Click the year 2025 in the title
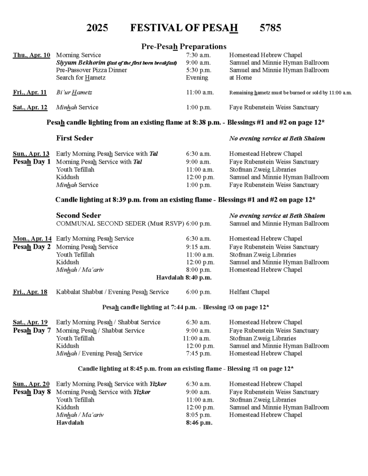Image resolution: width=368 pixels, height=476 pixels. pyautogui.click(x=97, y=28)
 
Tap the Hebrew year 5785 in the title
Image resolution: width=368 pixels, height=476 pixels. pyautogui.click(x=270, y=28)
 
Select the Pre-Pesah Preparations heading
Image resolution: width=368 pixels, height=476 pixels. pyautogui.click(x=184, y=46)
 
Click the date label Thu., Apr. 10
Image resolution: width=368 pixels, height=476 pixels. pyautogui.click(x=32, y=55)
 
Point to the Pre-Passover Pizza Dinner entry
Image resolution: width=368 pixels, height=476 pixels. pyautogui.click(x=88, y=70)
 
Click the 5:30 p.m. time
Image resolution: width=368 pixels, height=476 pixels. pyautogui.click(x=198, y=70)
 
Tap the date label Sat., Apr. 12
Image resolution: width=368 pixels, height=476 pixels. pyautogui.click(x=30, y=107)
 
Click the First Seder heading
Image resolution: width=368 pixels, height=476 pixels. pyautogui.click(x=74, y=138)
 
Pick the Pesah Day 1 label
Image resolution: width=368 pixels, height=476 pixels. pyautogui.click(x=32, y=162)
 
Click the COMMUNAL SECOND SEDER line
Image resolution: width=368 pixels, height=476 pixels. pyautogui.click(x=120, y=224)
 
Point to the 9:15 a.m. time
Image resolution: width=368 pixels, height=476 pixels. pyautogui.click(x=198, y=247)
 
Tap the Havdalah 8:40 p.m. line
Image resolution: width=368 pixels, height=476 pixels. pyautogui.click(x=184, y=278)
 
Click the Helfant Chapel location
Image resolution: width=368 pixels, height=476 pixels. pyautogui.click(x=249, y=292)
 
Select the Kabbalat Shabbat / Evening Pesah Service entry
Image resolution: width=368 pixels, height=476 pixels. pyautogui.click(x=112, y=292)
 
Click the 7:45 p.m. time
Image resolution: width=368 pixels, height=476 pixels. pyautogui.click(x=198, y=353)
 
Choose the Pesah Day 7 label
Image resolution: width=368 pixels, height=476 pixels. pyautogui.click(x=32, y=331)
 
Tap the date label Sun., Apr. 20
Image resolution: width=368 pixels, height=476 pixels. pyautogui.click(x=31, y=384)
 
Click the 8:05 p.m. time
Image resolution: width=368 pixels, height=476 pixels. pyautogui.click(x=198, y=415)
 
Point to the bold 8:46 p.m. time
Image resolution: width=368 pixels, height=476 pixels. pyautogui.click(x=199, y=423)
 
